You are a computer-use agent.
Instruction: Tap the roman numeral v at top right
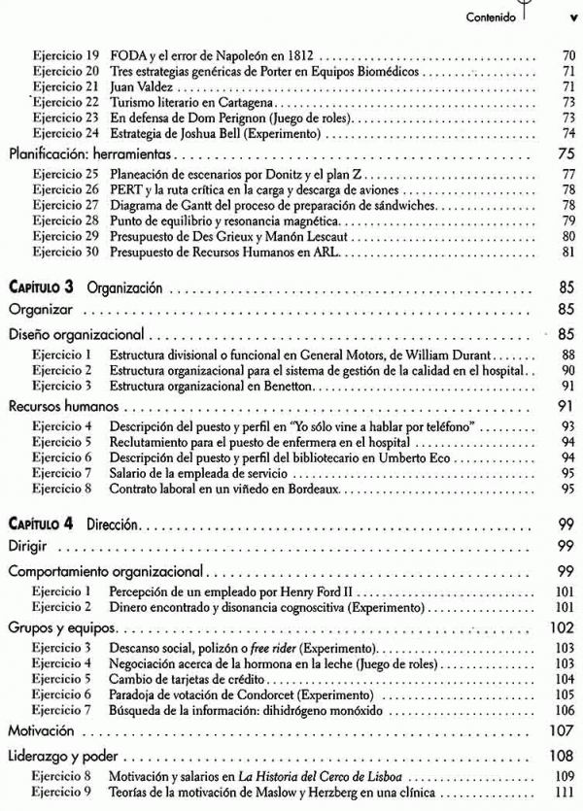click(571, 17)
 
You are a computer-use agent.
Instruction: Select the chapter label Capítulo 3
click(43, 288)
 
